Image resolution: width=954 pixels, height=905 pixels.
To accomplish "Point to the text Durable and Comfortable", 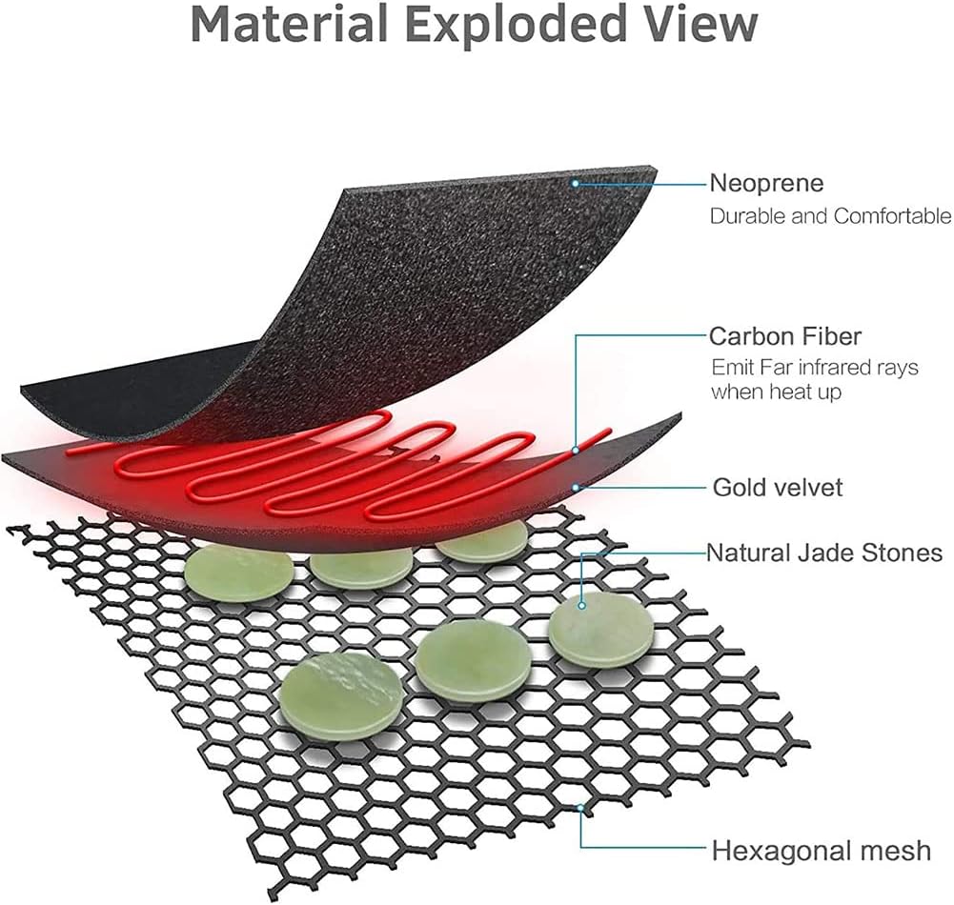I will click(830, 216).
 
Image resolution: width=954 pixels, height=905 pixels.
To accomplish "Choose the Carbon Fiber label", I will click(785, 336).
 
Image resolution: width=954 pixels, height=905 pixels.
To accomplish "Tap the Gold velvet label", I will click(778, 488).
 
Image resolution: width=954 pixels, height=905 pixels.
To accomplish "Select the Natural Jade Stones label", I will click(823, 553).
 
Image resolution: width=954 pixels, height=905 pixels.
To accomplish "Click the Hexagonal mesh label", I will click(821, 850).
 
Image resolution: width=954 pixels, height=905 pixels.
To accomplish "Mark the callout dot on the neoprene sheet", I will click(576, 181).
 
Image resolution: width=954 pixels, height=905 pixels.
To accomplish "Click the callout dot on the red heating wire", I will click(576, 449).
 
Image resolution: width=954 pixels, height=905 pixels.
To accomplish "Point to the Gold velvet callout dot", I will click(576, 487).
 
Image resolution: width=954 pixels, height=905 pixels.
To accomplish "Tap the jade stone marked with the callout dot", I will click(601, 629).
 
